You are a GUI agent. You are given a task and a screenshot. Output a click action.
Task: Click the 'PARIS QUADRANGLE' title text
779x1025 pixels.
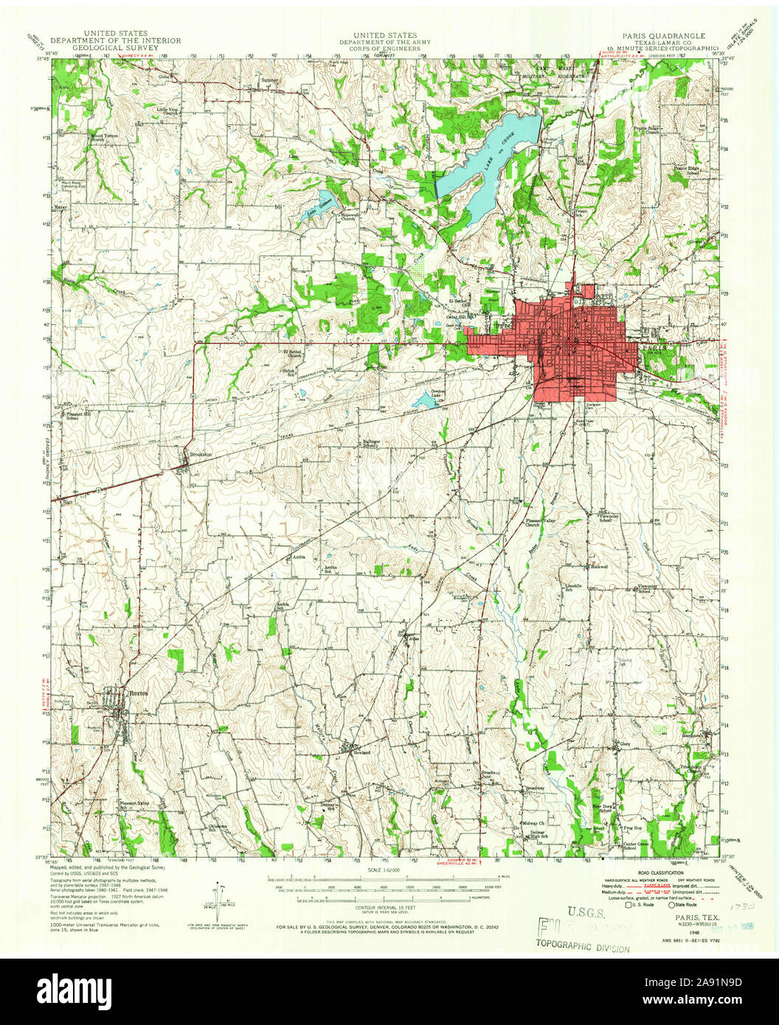662,35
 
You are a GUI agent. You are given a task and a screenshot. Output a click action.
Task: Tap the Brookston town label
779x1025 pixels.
201,454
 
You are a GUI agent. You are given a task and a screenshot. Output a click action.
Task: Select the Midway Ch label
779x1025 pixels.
533,822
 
